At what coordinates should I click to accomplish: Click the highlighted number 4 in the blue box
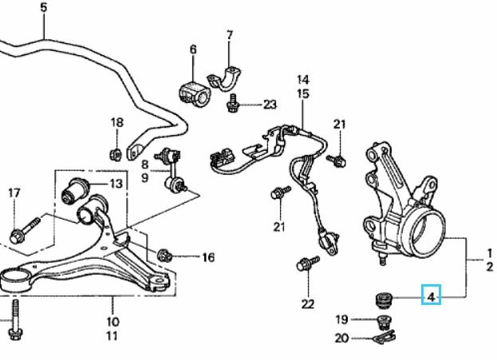coord(431,297)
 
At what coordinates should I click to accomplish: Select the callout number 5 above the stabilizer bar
coord(44,7)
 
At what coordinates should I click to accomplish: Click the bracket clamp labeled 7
coord(224,79)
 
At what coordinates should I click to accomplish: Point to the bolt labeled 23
coord(233,102)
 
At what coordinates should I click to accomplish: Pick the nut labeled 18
coord(116,155)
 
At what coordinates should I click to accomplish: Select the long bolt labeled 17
coord(25,230)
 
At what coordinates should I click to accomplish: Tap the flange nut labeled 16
coord(164,255)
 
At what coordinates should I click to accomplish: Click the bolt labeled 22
coord(308,263)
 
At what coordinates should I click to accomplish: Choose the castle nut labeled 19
coord(385,322)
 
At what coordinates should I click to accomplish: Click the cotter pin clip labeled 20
coord(384,337)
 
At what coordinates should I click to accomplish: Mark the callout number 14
coord(303,80)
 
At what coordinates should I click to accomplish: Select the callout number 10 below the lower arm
coord(112,322)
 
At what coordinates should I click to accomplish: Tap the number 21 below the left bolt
coord(279,227)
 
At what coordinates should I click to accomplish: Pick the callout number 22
coord(308,304)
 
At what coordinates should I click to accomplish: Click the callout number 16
coord(208,257)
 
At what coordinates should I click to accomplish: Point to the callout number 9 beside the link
coord(145,178)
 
